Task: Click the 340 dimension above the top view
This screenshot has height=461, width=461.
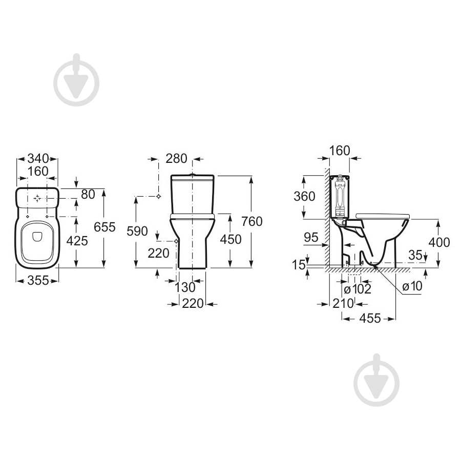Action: click(37, 158)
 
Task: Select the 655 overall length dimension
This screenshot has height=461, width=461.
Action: click(104, 227)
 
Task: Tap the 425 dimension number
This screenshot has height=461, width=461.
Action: click(77, 241)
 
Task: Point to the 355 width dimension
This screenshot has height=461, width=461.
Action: click(38, 280)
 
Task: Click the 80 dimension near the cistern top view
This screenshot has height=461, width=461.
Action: click(88, 194)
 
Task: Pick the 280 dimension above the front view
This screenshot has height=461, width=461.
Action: click(176, 158)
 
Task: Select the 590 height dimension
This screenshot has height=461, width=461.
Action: click(137, 231)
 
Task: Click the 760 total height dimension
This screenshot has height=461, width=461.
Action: click(252, 221)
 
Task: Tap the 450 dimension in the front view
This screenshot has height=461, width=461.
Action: click(231, 239)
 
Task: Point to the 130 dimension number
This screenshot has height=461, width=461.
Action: click(185, 287)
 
